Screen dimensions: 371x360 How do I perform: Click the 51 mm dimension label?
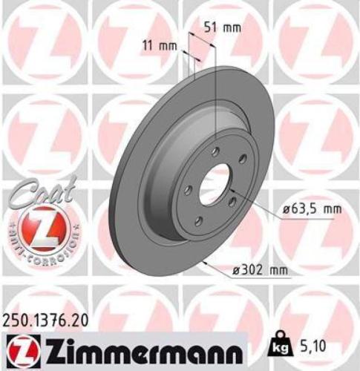click(223, 28)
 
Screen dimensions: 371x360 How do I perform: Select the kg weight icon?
click(281, 344)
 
